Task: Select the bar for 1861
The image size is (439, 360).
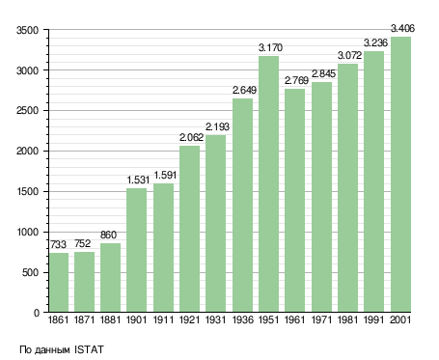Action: point(59,282)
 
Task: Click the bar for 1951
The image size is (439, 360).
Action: point(268,184)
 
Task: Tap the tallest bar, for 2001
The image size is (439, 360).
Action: point(400,175)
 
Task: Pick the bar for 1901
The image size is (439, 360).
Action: point(137,250)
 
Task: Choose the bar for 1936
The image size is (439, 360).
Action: point(242,206)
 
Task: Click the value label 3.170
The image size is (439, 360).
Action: point(270,47)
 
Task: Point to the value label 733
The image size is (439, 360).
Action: point(58,244)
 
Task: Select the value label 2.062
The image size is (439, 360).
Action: point(191,137)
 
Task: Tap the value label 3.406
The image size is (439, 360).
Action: point(402,28)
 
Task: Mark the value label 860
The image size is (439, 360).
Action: point(108,235)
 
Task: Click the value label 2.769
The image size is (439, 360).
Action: point(296,80)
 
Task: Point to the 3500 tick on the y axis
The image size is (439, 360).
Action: point(27,30)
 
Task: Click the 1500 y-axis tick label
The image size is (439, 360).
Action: point(27,191)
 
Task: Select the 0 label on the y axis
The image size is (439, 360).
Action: point(37,313)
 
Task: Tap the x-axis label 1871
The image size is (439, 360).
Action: point(84,319)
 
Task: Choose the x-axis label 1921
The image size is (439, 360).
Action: point(189,319)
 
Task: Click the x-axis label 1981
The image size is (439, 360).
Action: point(347,319)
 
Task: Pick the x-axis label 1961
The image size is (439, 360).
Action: point(295,319)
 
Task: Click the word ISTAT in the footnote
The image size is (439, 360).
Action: point(89,349)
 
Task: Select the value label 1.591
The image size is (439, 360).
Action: point(165,175)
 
